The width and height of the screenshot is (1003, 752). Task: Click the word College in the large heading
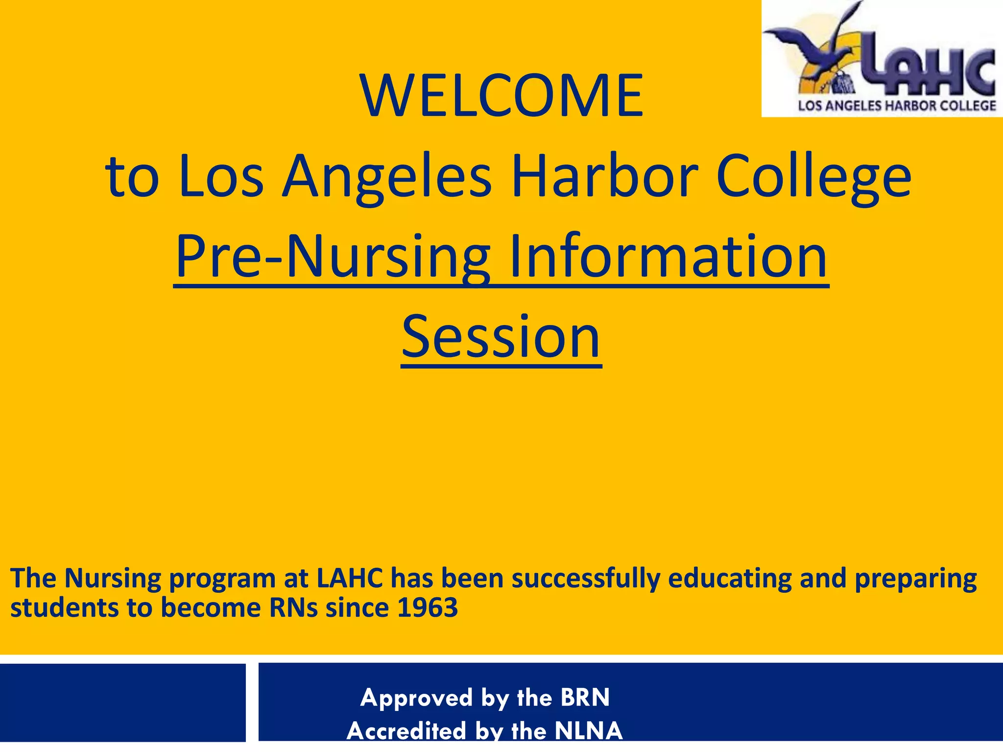tap(813, 177)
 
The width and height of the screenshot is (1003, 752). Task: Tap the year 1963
tap(427, 608)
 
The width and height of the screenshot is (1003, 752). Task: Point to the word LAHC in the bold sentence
tap(350, 578)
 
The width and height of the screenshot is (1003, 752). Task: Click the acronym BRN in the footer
tap(585, 697)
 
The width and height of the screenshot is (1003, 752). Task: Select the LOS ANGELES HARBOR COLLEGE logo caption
tap(897, 106)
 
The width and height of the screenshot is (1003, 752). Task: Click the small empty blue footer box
tap(122, 702)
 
